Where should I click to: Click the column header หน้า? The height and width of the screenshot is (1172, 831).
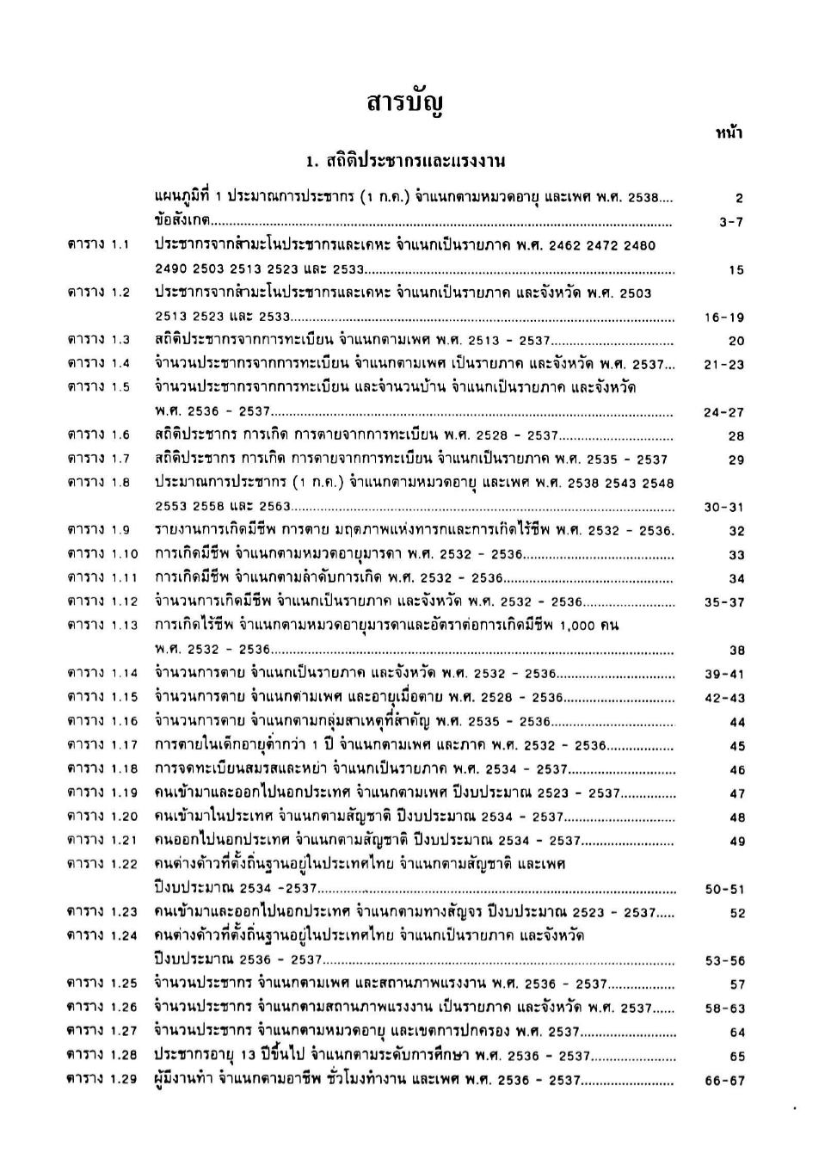(729, 133)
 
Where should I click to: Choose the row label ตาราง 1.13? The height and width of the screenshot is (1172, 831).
(102, 625)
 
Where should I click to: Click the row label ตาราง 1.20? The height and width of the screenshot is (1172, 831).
(102, 816)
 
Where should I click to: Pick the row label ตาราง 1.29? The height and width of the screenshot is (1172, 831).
(102, 1079)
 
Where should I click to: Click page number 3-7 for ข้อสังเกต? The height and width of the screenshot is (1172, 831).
(730, 222)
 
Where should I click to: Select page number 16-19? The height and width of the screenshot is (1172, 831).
(723, 318)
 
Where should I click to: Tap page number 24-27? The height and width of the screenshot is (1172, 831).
(723, 412)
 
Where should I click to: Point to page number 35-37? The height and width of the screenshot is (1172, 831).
(724, 602)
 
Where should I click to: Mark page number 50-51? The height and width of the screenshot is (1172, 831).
(724, 890)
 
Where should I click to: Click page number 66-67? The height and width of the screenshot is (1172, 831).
(724, 1081)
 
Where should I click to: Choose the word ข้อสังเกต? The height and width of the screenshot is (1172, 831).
(183, 220)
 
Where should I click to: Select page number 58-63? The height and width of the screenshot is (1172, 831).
(724, 1009)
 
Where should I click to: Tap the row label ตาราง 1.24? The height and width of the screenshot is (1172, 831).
(102, 935)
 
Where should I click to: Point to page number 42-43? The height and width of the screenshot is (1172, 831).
(724, 698)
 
